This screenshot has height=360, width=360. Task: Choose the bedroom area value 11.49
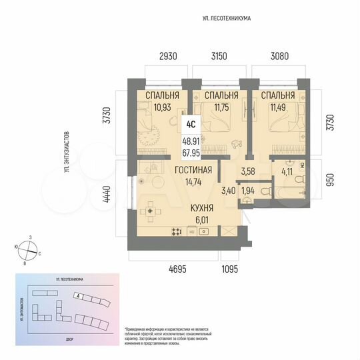tap(273, 107)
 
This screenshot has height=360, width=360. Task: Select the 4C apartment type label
tap(191, 123)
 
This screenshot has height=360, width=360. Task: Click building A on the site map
tap(81, 295)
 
